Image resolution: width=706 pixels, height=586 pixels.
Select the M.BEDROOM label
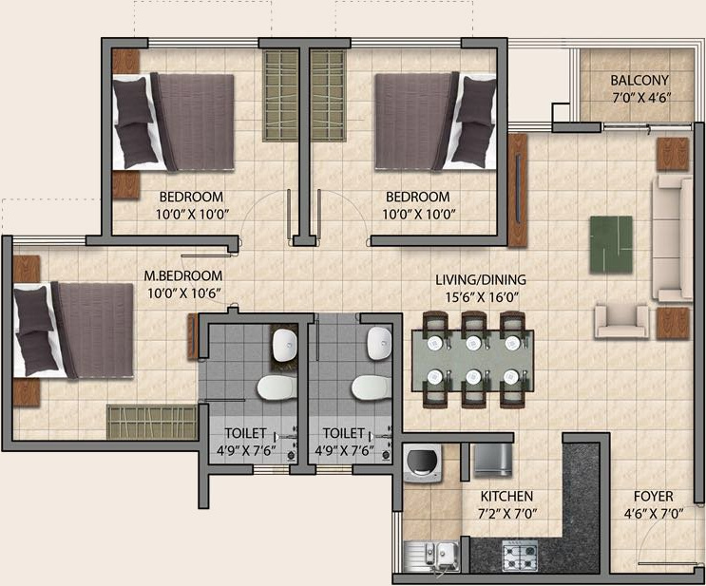182,276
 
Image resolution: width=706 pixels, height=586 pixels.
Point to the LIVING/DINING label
480,281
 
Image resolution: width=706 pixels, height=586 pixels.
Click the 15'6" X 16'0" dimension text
480,297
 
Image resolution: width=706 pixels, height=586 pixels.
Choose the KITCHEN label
506,497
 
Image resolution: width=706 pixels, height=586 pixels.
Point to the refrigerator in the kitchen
491,462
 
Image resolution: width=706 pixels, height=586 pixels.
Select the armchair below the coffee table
620,320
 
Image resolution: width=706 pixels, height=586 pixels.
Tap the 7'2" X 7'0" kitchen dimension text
506,514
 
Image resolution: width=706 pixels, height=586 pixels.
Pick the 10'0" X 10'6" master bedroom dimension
182,293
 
